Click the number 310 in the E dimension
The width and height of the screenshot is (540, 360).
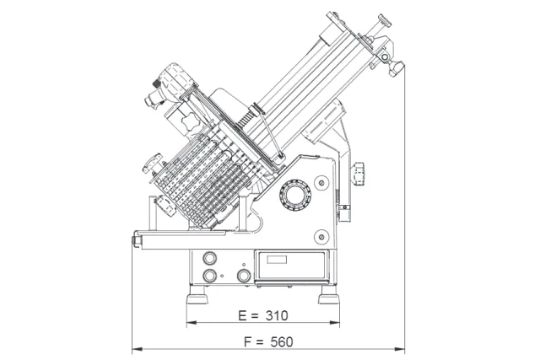(277, 315)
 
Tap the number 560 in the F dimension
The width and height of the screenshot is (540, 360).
(282, 341)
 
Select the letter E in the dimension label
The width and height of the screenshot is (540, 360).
(242, 315)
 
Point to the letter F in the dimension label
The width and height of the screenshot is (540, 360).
(247, 341)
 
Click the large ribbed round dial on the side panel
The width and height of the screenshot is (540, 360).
(294, 195)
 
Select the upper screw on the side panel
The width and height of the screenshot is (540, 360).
(321, 183)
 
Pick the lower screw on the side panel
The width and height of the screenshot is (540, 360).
(321, 236)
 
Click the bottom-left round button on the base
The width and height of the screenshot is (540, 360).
(209, 275)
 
